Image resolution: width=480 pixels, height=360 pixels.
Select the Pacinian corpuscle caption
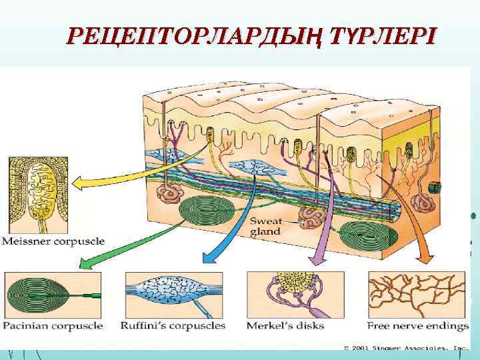click(x=53, y=326)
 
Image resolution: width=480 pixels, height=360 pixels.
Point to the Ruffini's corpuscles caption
click(x=173, y=326)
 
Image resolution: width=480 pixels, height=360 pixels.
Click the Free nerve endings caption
click(x=418, y=326)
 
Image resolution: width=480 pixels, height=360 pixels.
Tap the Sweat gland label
click(x=265, y=227)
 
